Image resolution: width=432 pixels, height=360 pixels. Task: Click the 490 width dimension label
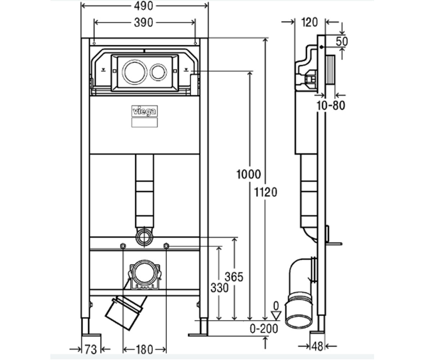[143, 6]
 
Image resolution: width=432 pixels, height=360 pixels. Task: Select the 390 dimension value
[143, 23]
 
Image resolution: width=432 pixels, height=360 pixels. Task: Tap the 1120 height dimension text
[265, 192]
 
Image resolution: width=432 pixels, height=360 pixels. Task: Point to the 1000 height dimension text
[248, 174]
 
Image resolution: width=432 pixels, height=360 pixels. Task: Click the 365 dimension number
[234, 277]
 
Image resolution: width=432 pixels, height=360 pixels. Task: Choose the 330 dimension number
[219, 288]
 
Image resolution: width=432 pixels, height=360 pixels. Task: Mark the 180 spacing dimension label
[144, 350]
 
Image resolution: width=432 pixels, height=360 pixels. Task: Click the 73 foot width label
[91, 350]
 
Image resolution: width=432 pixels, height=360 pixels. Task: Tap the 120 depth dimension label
[309, 23]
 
